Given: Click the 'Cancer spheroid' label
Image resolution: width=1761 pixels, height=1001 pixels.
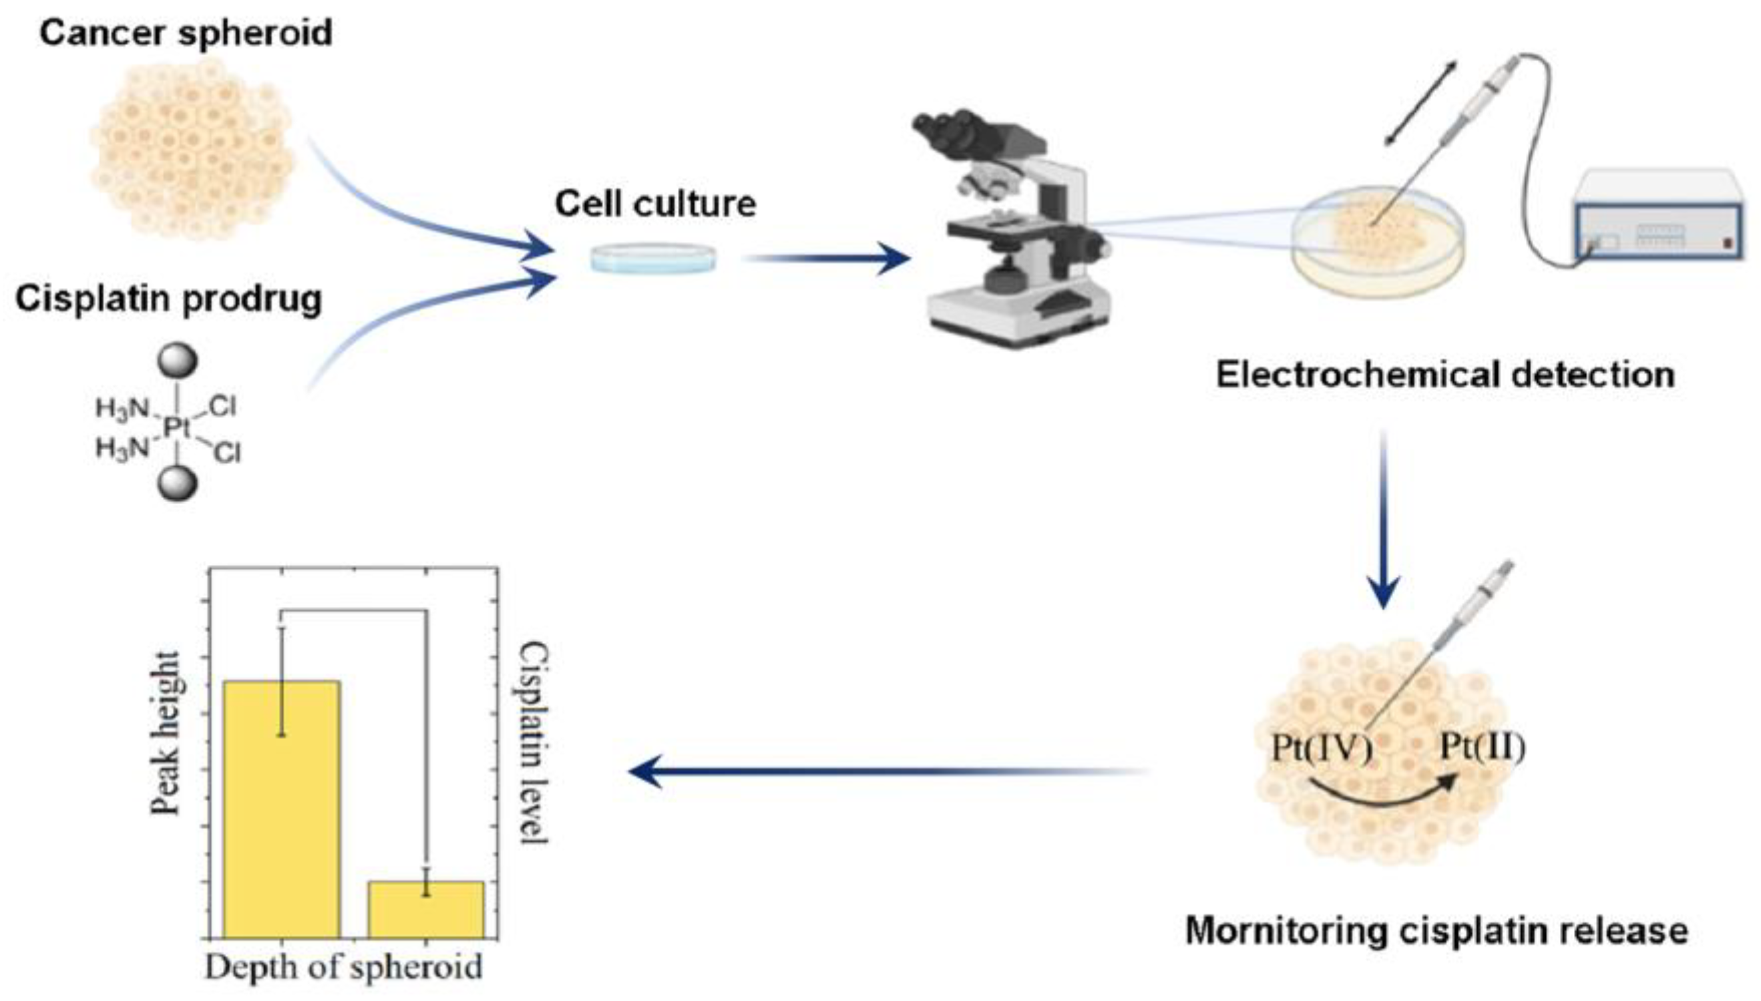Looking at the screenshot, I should [x=186, y=33].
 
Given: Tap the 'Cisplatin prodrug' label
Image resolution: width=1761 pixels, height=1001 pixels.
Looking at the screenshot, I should [x=168, y=299].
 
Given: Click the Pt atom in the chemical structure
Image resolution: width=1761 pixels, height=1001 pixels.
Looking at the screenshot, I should [x=178, y=428].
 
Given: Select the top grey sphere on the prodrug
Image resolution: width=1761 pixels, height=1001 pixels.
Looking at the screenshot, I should [x=178, y=360].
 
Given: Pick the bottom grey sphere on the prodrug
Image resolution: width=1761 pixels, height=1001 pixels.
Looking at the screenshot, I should [x=178, y=483].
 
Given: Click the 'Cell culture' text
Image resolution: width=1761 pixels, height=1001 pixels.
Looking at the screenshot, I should [x=655, y=204].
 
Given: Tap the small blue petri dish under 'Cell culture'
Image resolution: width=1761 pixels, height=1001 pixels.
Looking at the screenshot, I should [x=653, y=258].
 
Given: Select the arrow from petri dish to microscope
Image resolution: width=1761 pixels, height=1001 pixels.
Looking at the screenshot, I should [x=825, y=259].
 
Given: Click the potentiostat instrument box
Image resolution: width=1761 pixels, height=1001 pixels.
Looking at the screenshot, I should [x=1659, y=214].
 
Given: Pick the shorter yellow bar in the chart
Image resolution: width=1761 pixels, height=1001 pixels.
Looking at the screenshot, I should [x=425, y=910].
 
